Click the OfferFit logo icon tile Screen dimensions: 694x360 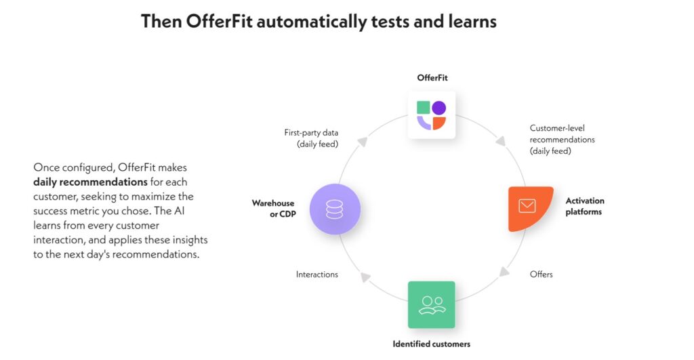432,115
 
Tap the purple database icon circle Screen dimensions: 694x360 335,209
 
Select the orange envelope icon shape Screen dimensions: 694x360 530,209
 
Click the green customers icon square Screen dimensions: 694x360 432,304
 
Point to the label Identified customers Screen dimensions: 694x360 432,344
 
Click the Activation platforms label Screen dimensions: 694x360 585,206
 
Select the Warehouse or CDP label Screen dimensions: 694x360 274,209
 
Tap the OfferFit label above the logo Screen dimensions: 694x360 432,77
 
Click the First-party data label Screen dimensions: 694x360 311,138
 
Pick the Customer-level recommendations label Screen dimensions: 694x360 562,140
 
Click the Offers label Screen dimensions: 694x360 542,275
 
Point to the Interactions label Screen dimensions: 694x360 317,275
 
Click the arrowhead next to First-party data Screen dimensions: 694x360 363,141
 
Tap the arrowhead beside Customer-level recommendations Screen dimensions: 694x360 501,141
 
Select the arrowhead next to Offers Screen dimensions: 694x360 504,271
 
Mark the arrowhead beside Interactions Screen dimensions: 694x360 365,277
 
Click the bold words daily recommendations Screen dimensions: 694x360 90,182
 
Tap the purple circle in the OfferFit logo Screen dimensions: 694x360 439,108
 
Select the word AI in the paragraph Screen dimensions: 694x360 179,211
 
